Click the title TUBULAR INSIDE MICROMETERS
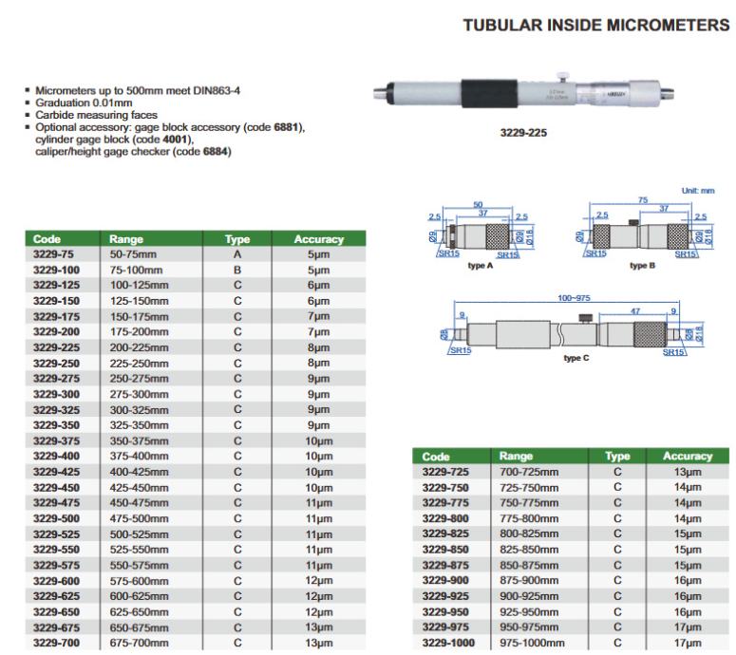(595, 26)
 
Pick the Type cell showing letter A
(237, 255)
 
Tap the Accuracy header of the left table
(318, 240)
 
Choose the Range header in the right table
(517, 457)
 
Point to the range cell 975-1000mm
(530, 643)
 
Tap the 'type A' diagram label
(481, 267)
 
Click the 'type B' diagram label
(643, 267)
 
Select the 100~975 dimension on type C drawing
(573, 297)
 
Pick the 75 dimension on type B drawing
(643, 200)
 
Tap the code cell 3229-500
(54, 519)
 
